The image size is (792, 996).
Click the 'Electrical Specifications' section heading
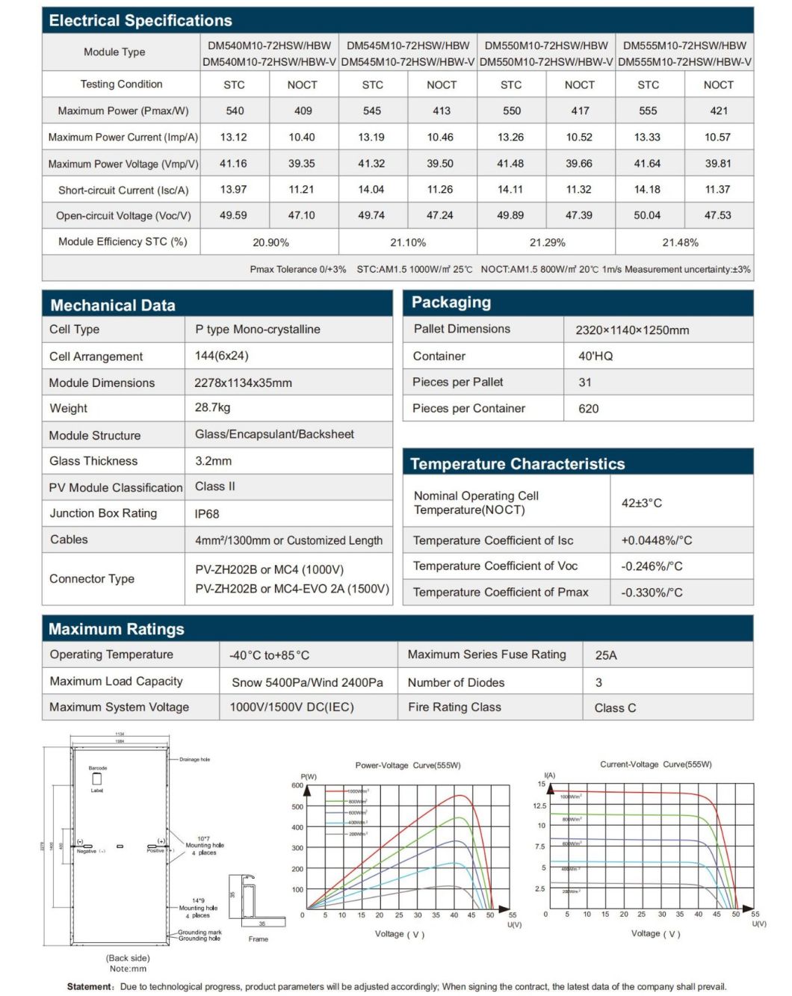(140, 21)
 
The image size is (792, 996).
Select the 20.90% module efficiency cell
(270, 242)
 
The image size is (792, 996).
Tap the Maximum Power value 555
(648, 111)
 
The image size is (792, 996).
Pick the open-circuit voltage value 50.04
(647, 215)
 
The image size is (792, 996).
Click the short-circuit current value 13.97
(233, 190)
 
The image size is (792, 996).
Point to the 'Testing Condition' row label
(121, 84)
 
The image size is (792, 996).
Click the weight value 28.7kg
(212, 408)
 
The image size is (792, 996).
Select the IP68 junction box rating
(207, 514)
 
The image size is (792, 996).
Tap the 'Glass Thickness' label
(93, 461)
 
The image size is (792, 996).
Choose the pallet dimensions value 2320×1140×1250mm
(632, 330)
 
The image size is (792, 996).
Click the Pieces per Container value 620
(588, 409)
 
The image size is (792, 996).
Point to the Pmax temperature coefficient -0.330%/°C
(652, 593)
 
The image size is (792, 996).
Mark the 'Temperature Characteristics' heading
(517, 464)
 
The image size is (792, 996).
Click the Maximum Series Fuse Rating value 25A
(606, 655)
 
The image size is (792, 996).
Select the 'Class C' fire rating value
(615, 708)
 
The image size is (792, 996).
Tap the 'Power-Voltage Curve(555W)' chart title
(408, 765)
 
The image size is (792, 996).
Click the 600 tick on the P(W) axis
(297, 785)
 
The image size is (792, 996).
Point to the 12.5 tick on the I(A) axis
(539, 805)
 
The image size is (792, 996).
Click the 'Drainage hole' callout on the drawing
(194, 759)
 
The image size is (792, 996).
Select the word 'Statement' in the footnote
(89, 986)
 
